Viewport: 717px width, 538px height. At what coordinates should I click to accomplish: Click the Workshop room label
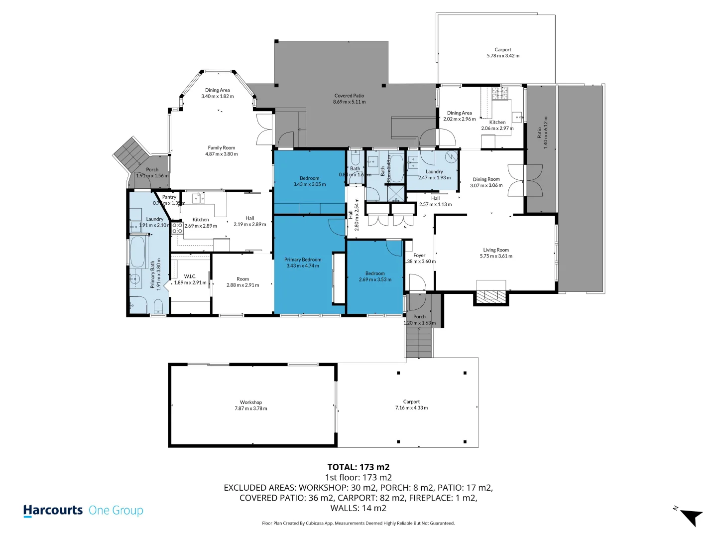tap(251, 403)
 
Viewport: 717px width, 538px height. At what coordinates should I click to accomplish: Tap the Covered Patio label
tap(349, 96)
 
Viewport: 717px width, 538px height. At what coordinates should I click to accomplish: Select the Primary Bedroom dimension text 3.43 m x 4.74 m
tap(303, 266)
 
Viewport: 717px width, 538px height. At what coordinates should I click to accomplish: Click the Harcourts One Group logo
tap(83, 511)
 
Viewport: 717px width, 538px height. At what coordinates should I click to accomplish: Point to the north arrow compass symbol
tap(689, 516)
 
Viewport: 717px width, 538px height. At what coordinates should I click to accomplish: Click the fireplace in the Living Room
tap(490, 295)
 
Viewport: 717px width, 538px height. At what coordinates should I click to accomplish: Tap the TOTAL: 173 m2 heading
tap(358, 467)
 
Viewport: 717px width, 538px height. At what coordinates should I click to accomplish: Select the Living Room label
tap(496, 250)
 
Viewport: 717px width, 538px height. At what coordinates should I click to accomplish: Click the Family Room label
tap(222, 148)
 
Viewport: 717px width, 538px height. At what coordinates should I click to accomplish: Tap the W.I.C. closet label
tap(190, 276)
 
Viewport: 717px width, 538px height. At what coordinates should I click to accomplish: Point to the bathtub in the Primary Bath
tap(137, 252)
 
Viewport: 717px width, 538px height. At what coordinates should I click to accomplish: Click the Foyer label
tap(419, 256)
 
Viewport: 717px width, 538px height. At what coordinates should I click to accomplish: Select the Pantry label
tap(169, 197)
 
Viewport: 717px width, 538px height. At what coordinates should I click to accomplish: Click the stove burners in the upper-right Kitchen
tap(499, 93)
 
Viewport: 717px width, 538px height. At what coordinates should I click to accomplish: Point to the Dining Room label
tap(486, 179)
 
